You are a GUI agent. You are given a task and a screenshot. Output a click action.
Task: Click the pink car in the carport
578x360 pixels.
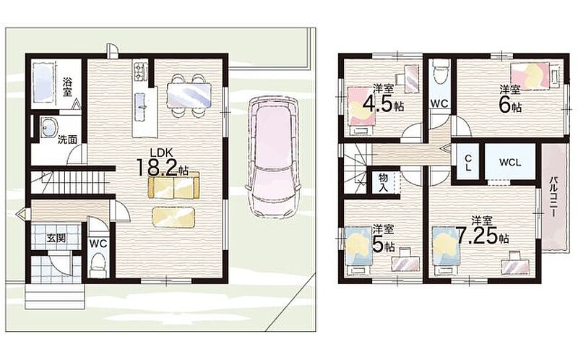tap(273, 158)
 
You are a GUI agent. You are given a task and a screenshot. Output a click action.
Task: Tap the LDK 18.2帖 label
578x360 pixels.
tap(162, 163)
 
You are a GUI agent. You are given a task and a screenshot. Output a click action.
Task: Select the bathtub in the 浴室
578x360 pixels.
tap(44, 83)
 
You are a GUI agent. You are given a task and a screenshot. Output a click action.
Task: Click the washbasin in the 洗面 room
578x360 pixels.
tap(48, 128)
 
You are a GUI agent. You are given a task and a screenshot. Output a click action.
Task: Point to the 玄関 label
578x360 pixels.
tap(56, 239)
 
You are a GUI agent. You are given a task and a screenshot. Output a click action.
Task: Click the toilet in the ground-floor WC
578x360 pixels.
tap(98, 264)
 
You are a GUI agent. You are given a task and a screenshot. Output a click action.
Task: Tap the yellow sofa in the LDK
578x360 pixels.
tap(173, 185)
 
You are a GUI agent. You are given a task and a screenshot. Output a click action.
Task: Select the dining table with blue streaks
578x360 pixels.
tap(189, 95)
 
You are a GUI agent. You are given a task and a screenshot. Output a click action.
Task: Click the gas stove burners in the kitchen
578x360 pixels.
tap(140, 71)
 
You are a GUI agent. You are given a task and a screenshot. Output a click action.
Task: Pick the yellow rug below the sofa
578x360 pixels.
tap(173, 218)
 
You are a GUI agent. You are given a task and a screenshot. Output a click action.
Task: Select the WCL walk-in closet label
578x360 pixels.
tap(510, 163)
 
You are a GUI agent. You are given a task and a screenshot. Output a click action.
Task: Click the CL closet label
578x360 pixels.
tap(467, 163)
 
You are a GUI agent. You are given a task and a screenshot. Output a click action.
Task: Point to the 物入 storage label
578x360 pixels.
tap(384, 182)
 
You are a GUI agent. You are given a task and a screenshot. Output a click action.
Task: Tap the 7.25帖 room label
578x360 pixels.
tap(482, 231)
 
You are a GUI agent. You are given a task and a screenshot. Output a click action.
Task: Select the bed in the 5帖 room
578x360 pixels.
tap(358, 250)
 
